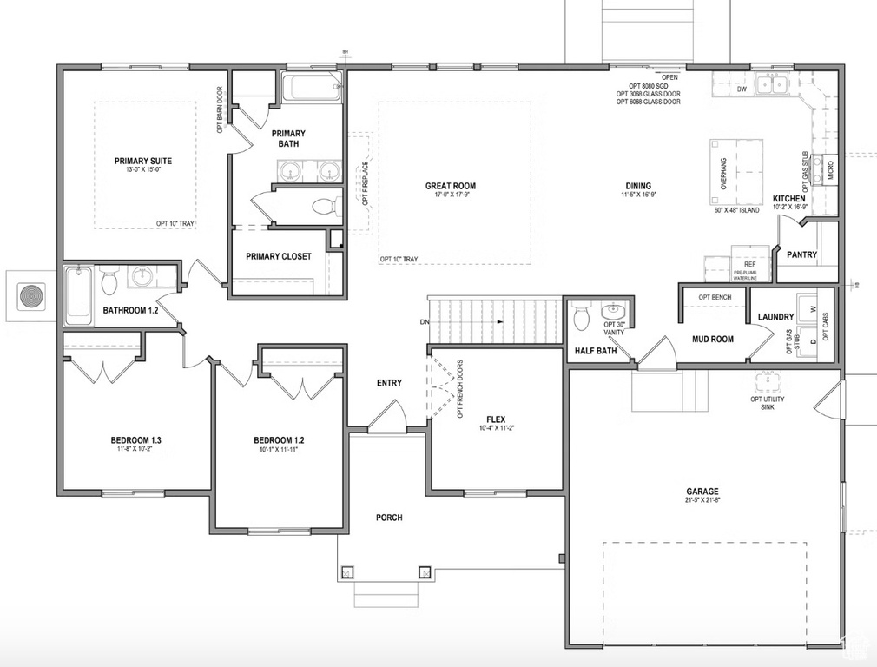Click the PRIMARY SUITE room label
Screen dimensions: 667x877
143,161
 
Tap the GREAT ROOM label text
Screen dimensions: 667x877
450,186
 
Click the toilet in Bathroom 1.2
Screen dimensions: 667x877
109,281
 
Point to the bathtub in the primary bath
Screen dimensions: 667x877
311,89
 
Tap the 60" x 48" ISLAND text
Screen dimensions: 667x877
736,210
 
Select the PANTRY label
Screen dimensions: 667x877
802,255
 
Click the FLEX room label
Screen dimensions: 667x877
496,418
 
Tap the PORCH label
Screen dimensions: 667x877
389,518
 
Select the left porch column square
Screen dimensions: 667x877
347,572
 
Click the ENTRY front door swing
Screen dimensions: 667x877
386,417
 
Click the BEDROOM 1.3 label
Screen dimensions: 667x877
135,440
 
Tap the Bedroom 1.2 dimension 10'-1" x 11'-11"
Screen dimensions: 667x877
278,450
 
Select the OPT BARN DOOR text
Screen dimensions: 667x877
220,110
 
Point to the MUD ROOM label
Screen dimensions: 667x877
712,340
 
